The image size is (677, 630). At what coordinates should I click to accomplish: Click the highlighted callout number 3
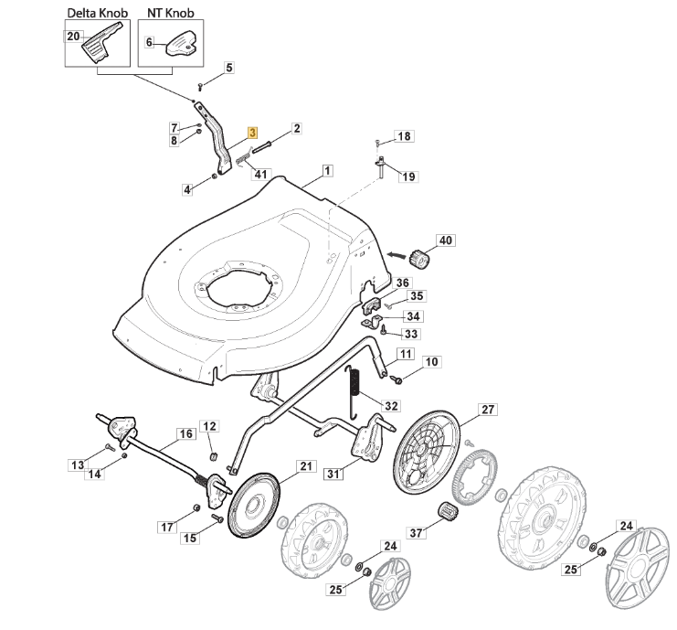click(x=253, y=133)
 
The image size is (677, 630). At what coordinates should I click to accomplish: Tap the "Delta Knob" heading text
click(x=98, y=15)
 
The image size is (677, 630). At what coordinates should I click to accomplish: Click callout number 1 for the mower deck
click(x=326, y=170)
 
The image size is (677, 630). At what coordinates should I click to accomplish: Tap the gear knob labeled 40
click(x=418, y=259)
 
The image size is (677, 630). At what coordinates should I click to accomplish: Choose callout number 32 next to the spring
click(x=391, y=406)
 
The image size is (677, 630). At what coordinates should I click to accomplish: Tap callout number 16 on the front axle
click(x=185, y=434)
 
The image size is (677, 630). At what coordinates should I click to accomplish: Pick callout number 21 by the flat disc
click(x=306, y=466)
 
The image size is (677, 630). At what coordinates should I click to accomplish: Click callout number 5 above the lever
click(x=228, y=68)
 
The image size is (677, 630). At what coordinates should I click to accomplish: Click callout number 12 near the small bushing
click(x=209, y=426)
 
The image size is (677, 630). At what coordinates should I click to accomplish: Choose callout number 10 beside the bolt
click(x=431, y=362)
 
